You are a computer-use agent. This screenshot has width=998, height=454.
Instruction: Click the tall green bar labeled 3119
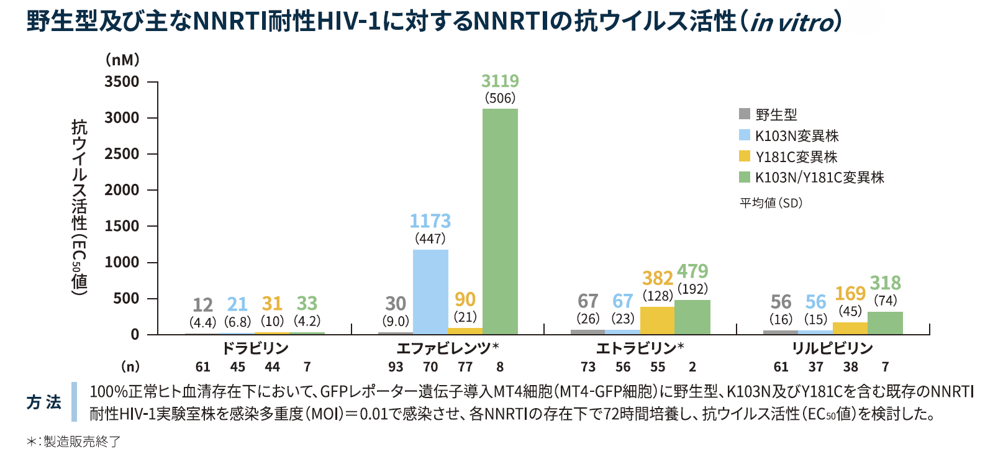click(500, 221)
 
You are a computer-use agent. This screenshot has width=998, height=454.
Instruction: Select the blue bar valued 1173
click(430, 291)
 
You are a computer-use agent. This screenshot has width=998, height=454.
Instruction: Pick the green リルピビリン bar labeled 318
click(885, 323)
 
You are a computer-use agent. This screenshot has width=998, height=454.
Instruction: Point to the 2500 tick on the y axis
click(122, 154)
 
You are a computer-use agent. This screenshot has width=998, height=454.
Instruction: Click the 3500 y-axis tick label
click(122, 82)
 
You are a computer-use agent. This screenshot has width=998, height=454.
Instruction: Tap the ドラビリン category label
click(255, 348)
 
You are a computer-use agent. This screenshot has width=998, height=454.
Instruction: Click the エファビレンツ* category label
click(447, 348)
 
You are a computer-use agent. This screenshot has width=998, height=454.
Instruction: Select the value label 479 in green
click(692, 271)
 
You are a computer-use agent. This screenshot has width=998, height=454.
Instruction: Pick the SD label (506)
click(500, 98)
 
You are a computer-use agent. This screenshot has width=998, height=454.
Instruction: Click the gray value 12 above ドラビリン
click(202, 305)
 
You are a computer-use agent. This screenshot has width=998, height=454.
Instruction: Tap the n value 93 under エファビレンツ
click(396, 367)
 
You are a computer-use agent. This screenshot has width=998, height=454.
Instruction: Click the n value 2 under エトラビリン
click(692, 367)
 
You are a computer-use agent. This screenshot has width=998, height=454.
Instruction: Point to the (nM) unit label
click(122, 60)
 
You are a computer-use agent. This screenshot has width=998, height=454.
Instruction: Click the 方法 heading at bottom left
click(43, 402)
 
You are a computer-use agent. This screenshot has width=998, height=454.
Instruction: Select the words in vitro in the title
click(791, 23)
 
